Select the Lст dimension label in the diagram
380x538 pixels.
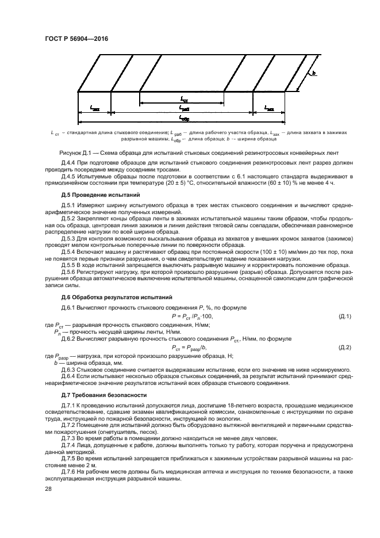coord(184,99)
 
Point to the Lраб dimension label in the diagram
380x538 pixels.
coord(184,108)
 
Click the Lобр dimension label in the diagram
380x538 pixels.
coord(184,119)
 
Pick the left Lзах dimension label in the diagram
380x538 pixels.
coord(95,108)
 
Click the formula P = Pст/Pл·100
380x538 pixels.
coord(192,316)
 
